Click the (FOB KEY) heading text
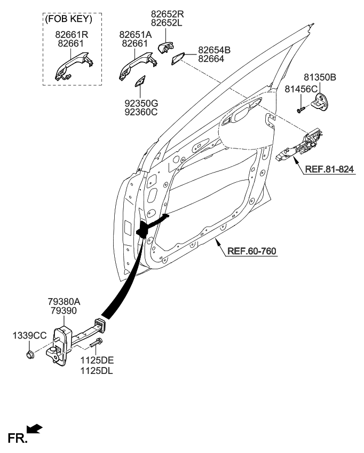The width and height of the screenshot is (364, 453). pos(70,19)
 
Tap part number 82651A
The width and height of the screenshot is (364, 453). pos(136,34)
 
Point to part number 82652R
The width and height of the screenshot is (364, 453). pos(168,14)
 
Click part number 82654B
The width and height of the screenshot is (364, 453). pos(214,50)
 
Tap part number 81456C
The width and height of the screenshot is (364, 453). pos(301,88)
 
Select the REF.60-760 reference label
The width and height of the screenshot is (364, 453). pos(252,250)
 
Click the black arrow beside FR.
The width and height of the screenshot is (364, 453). pos(34,428)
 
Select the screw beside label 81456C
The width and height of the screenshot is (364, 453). pos(300,110)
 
